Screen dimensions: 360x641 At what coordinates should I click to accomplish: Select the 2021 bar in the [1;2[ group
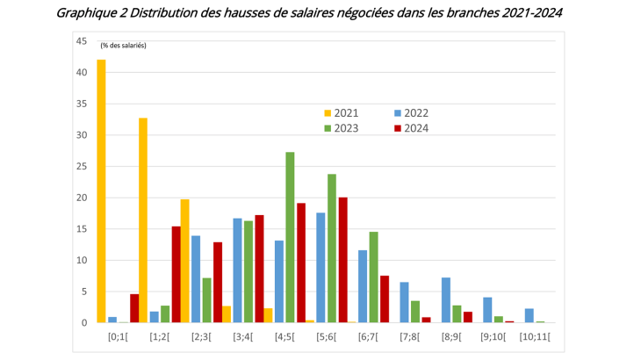[x=142, y=220]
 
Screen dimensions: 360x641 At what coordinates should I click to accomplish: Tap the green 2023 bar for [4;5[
[x=290, y=237]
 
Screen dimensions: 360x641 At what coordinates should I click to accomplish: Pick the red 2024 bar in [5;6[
[x=342, y=260]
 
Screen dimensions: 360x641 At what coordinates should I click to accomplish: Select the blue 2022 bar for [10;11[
[x=529, y=315]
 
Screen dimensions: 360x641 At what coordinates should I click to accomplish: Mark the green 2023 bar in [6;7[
[x=373, y=277]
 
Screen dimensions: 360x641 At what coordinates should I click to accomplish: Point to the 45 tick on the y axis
[x=81, y=41]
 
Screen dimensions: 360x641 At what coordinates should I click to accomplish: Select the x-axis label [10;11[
[x=536, y=337]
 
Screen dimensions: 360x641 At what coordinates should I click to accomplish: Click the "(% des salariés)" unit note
[x=124, y=45]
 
